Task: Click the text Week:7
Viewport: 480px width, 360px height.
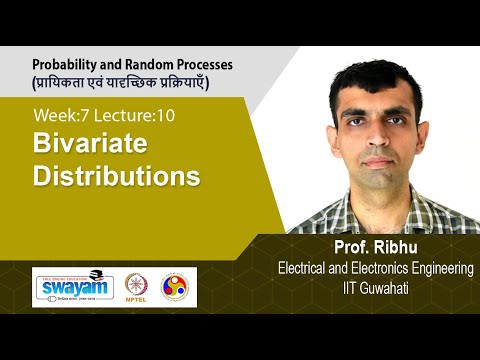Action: pos(61,115)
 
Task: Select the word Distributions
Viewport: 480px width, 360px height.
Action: pos(117,176)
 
